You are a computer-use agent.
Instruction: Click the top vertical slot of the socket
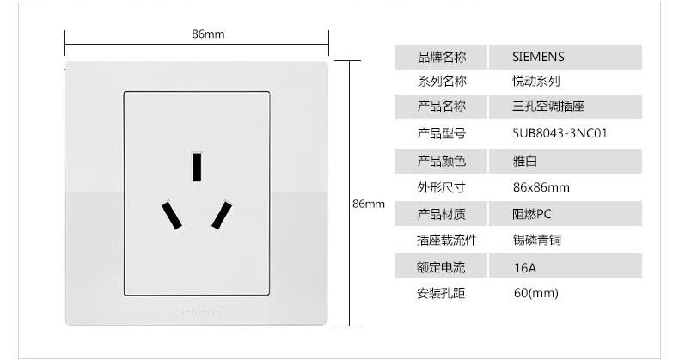(x=198, y=167)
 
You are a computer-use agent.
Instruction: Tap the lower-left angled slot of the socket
(x=172, y=214)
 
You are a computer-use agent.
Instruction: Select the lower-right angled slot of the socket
(x=223, y=214)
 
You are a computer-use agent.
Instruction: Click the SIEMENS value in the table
(x=538, y=58)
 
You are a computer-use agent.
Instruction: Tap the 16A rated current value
(x=524, y=267)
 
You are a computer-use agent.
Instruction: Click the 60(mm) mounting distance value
(x=535, y=294)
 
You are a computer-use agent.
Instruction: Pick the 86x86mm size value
(x=541, y=187)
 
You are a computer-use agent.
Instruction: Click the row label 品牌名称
(x=442, y=58)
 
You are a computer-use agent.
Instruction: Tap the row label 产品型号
(x=442, y=134)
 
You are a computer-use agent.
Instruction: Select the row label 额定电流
(x=442, y=267)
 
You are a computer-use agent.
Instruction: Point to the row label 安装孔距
(x=442, y=294)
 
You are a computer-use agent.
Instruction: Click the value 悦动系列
(x=536, y=82)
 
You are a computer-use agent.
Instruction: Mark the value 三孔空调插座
(x=547, y=107)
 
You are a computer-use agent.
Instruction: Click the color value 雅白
(x=524, y=161)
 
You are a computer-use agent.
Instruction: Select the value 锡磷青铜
(x=536, y=241)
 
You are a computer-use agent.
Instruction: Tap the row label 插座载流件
(x=447, y=241)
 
